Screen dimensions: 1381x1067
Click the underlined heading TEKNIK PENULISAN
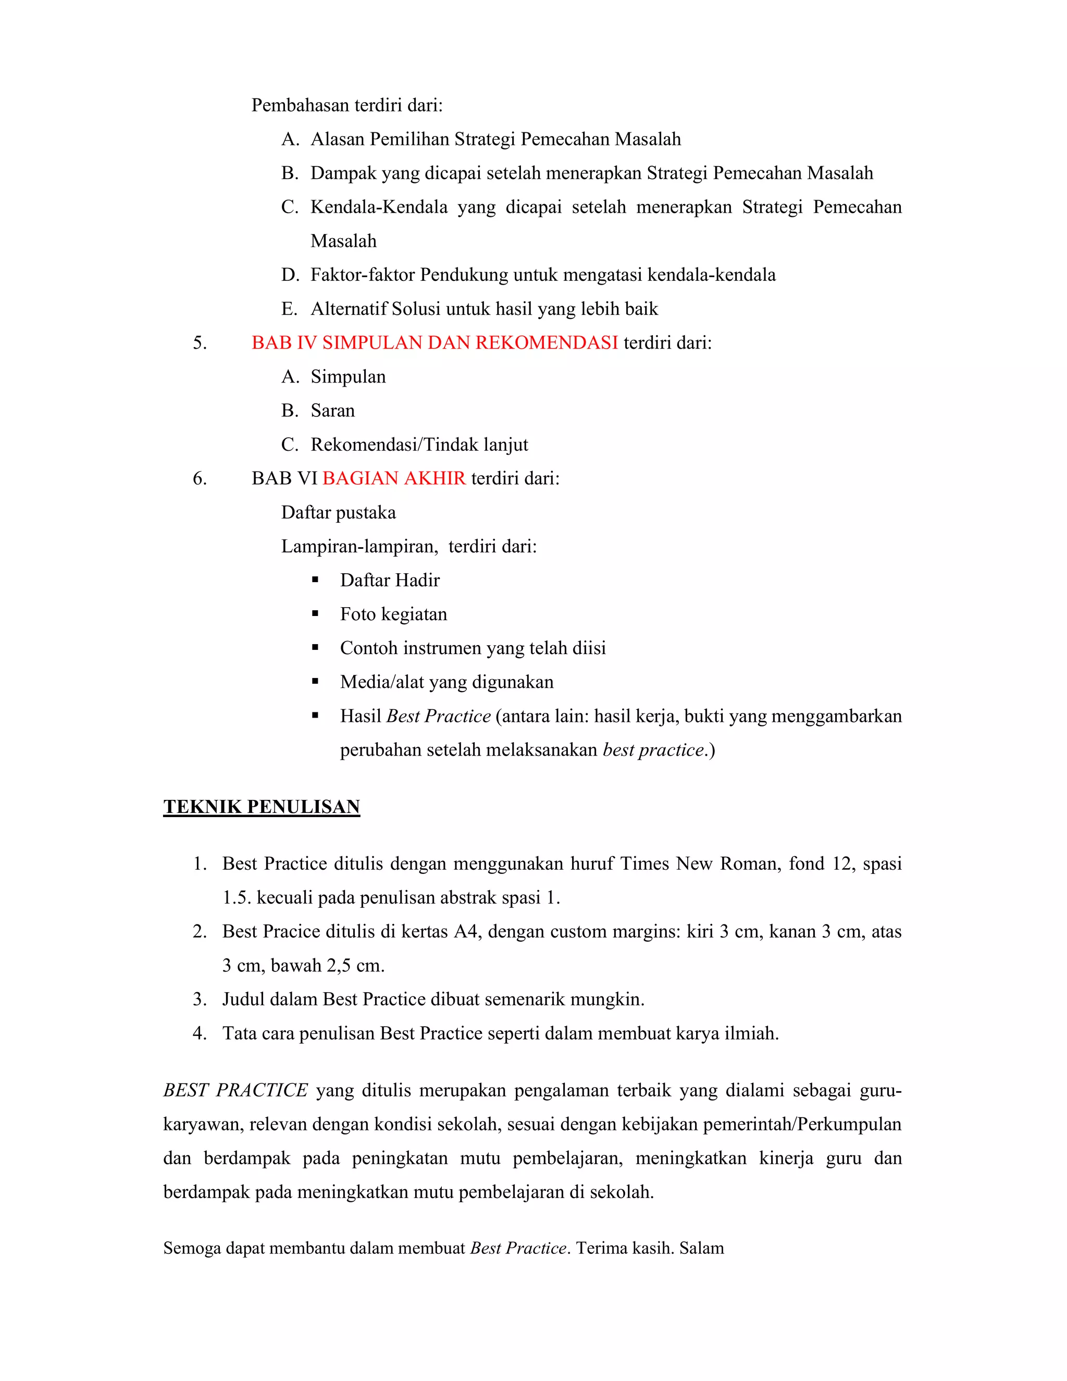click(x=261, y=807)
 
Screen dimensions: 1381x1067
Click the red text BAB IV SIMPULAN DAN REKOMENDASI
click(x=435, y=343)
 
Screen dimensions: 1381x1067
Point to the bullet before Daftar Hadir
click(x=315, y=580)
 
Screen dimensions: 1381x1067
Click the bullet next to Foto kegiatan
click(x=315, y=614)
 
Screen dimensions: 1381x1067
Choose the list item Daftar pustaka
click(x=338, y=512)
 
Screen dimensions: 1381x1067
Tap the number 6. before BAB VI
click(x=200, y=479)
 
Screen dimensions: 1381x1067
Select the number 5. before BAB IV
click(x=200, y=343)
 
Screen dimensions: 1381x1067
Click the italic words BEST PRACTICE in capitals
click(x=235, y=1090)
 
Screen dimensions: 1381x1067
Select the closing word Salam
click(x=702, y=1248)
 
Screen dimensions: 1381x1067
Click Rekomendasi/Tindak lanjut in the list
click(x=419, y=445)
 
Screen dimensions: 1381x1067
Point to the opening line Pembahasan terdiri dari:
click(x=347, y=105)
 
